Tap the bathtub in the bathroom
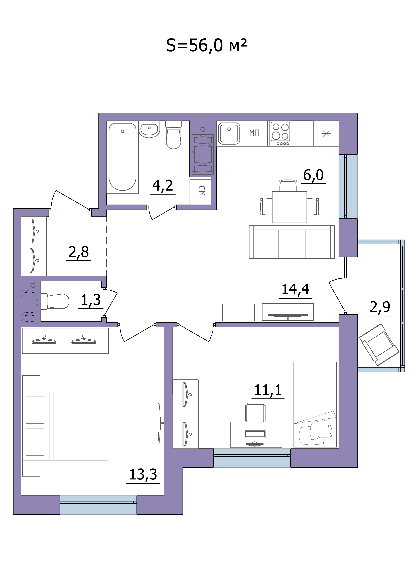[x=122, y=157]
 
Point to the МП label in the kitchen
[x=254, y=133]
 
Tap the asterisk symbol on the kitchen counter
[x=326, y=134]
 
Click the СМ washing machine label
[x=202, y=191]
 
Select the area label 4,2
[x=163, y=186]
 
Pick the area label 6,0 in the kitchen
[x=313, y=175]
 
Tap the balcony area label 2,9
[x=380, y=307]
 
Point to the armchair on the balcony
[x=379, y=344]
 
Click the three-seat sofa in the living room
[x=292, y=242]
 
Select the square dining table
[x=290, y=207]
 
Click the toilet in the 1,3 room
[x=55, y=301]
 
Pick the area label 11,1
[x=268, y=390]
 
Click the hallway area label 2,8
[x=79, y=252]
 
